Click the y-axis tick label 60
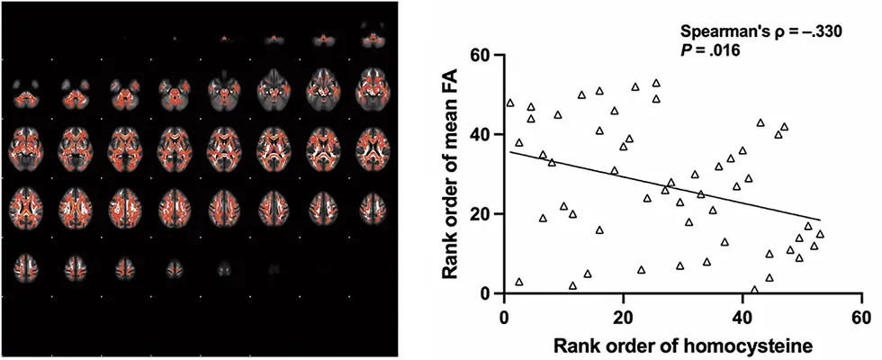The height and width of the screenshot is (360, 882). click(484, 56)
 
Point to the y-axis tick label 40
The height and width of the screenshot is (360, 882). click(484, 135)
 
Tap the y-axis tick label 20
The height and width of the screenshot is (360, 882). click(484, 214)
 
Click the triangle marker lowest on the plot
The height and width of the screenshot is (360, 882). click(754, 290)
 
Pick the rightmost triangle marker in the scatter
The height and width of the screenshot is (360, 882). click(820, 234)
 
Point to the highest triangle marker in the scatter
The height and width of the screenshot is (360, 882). click(656, 84)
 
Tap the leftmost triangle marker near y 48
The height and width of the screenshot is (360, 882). click(510, 103)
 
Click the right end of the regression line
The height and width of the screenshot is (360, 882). click(820, 220)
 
